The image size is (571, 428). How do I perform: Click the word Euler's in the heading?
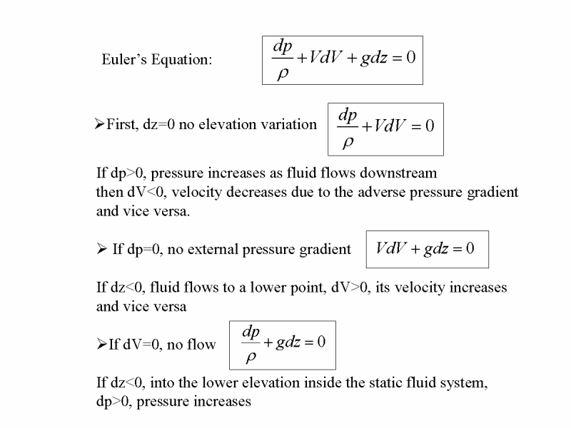click(x=124, y=59)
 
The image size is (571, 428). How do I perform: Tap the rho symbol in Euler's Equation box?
click(x=283, y=74)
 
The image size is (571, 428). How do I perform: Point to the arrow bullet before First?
click(x=99, y=123)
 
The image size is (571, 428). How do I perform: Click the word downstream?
click(x=398, y=173)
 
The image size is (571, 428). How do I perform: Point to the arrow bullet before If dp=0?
click(x=102, y=249)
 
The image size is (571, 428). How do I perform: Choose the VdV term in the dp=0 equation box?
click(x=390, y=248)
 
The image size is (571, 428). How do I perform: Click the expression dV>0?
click(x=351, y=287)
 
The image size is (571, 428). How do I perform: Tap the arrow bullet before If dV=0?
click(x=102, y=344)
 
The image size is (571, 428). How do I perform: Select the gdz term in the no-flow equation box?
click(x=288, y=342)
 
